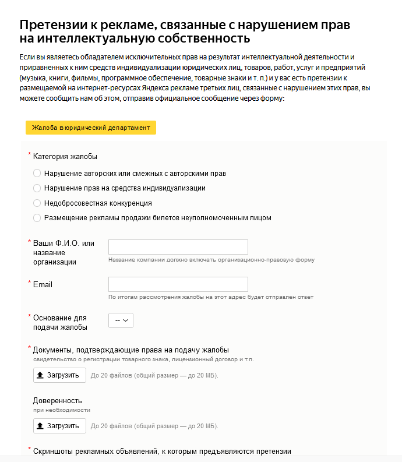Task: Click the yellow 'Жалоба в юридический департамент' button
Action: (x=91, y=128)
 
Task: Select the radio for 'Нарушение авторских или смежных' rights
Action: (x=37, y=174)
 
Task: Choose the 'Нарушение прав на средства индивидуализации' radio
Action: (x=37, y=188)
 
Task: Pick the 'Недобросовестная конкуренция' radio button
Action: (x=37, y=203)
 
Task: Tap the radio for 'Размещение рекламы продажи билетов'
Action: (x=37, y=218)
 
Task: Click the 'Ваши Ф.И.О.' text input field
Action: (x=178, y=247)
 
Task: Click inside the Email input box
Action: (x=178, y=284)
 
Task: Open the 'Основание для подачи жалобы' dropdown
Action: (x=121, y=320)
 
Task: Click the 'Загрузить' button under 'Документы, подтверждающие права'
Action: (x=59, y=375)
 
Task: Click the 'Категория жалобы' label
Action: (x=65, y=157)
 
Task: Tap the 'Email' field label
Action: (x=43, y=284)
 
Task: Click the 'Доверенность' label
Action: (x=58, y=401)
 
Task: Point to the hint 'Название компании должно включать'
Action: (x=211, y=260)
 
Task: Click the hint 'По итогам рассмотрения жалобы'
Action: (x=211, y=297)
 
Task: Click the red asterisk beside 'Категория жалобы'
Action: (x=30, y=154)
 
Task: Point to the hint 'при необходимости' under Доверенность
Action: (x=61, y=410)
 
